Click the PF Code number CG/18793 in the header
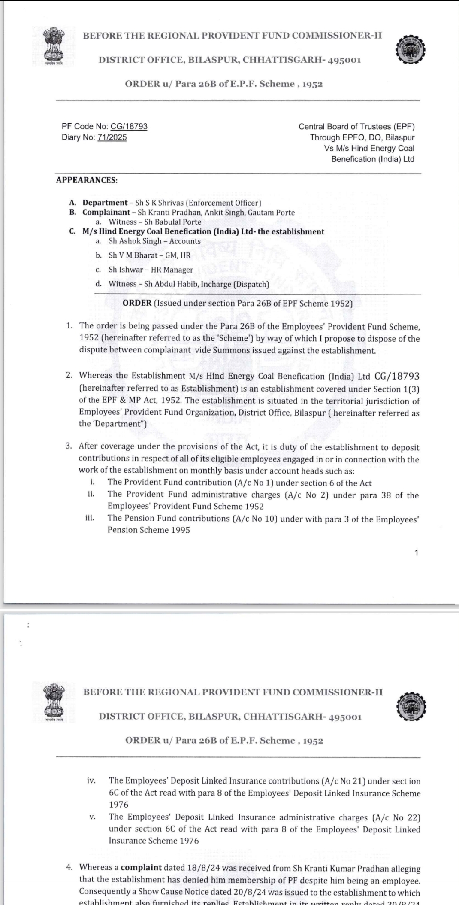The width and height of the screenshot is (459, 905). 129,126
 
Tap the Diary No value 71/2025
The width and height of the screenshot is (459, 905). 112,137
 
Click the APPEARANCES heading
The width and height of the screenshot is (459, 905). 87,180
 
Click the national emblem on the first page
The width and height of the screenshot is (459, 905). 53,45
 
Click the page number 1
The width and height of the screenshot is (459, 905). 416,553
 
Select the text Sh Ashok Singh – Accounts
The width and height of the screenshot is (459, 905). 154,241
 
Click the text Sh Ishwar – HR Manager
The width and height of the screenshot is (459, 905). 151,270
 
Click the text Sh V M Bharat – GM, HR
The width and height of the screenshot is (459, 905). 149,255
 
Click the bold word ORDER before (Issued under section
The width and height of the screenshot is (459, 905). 137,303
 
